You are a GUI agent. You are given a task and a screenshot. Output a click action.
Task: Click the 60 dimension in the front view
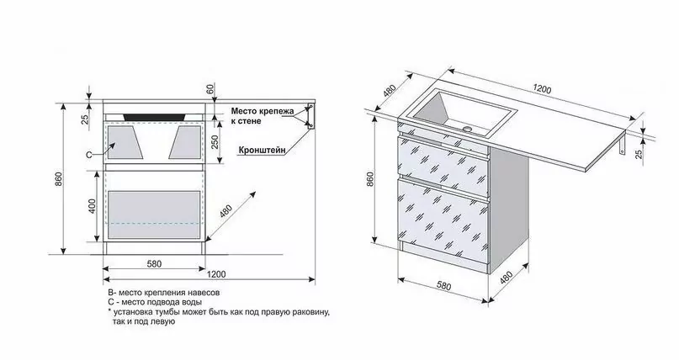coord(211,87)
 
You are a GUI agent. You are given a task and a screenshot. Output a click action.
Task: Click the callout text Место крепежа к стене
coord(262,114)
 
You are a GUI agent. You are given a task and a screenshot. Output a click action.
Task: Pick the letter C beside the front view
coord(88,155)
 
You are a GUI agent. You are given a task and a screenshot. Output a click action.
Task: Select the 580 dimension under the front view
coord(153,265)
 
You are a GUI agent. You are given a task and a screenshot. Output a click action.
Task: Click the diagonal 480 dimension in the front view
coord(225,210)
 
